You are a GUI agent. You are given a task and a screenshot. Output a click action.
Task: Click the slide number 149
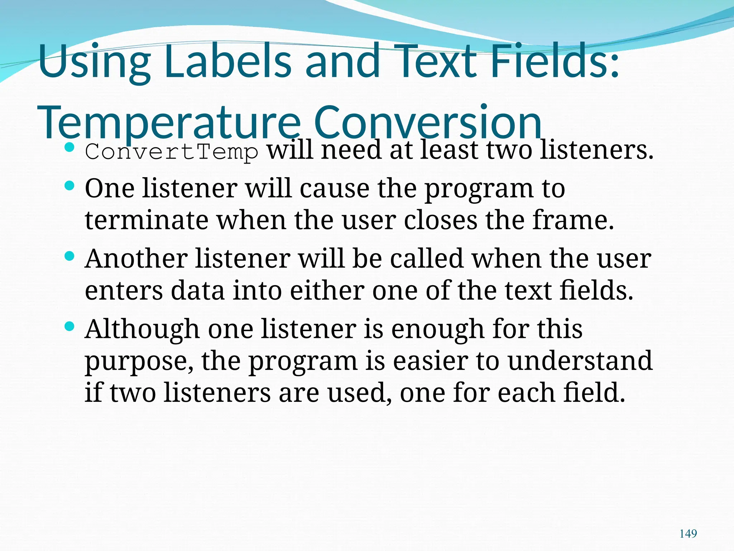point(688,534)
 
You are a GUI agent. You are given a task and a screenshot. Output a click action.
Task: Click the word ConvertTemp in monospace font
point(171,152)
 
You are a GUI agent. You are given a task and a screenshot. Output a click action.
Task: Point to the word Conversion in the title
point(427,123)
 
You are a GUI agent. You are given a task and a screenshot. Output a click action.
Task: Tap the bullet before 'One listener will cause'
point(70,186)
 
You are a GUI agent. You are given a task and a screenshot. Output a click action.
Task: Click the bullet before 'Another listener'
point(70,256)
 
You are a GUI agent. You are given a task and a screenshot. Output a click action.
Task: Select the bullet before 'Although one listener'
point(70,326)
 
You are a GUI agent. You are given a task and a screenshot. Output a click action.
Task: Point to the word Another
point(136,259)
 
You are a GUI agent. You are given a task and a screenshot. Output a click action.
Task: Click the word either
point(327,290)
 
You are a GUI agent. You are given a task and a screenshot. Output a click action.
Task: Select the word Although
point(142,329)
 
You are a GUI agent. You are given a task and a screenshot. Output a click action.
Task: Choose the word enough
point(438,329)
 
